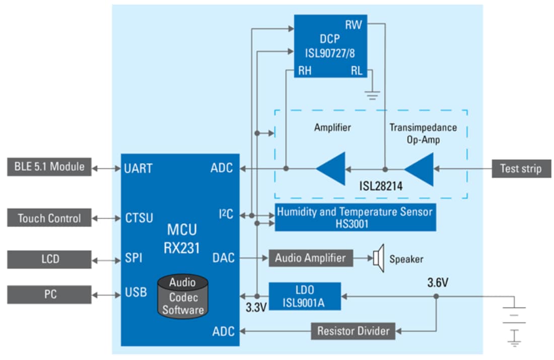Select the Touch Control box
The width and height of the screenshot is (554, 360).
pyautogui.click(x=49, y=219)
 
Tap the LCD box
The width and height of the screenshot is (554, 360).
pyautogui.click(x=49, y=259)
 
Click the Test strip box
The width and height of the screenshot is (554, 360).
pyautogui.click(x=521, y=168)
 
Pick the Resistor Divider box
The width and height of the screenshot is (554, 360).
pyautogui.click(x=353, y=331)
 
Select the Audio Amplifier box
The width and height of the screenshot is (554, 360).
pyautogui.click(x=310, y=258)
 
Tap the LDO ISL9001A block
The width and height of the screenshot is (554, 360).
pyautogui.click(x=304, y=296)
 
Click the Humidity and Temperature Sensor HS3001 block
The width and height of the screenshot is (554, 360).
pyautogui.click(x=355, y=218)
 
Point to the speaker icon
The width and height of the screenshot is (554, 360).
pyautogui.click(x=378, y=259)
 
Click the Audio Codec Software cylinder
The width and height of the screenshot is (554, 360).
pyautogui.click(x=182, y=296)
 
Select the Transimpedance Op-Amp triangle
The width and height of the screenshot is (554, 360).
pyautogui.click(x=421, y=169)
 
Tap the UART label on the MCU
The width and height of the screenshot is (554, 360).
pyautogui.click(x=138, y=168)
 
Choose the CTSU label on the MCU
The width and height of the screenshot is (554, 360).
pyautogui.click(x=138, y=219)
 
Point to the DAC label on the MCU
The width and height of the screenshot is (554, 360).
pyautogui.click(x=223, y=258)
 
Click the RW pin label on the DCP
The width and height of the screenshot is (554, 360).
pyautogui.click(x=353, y=25)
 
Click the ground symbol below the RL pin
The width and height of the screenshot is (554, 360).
pyautogui.click(x=372, y=94)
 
